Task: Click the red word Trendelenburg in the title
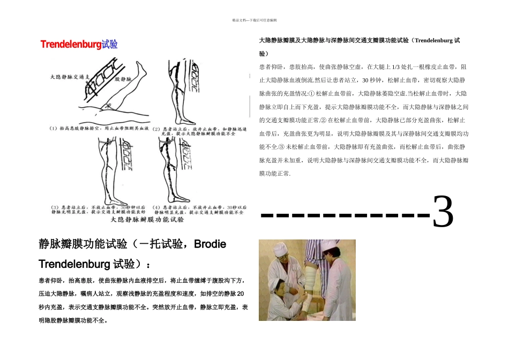click(x=71, y=44)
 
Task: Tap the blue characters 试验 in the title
click(x=109, y=44)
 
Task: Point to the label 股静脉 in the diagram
click(x=122, y=78)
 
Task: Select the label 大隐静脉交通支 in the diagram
click(x=69, y=77)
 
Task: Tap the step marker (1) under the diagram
click(x=54, y=129)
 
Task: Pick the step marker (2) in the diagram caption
click(x=156, y=129)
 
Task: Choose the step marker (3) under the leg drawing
click(x=54, y=207)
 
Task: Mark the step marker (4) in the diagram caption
click(x=156, y=207)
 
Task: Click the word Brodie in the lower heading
click(x=209, y=245)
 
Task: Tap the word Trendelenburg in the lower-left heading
click(x=74, y=264)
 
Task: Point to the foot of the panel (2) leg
click(x=189, y=119)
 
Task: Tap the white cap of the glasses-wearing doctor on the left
click(x=280, y=247)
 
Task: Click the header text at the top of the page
click(x=254, y=20)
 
